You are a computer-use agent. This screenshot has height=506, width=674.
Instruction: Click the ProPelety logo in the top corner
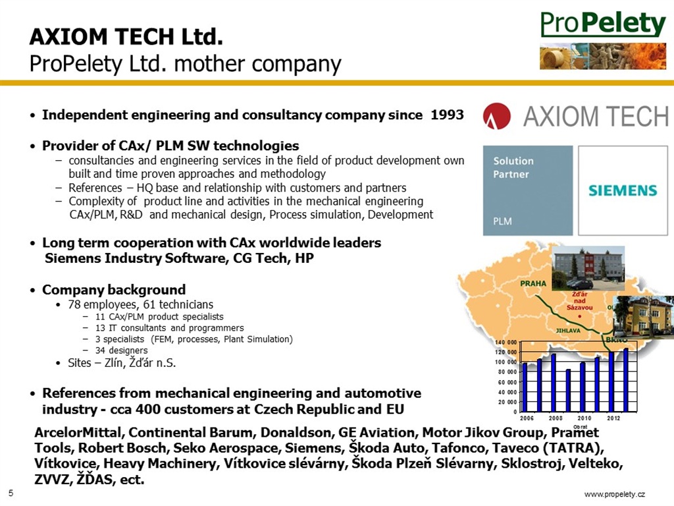(603, 24)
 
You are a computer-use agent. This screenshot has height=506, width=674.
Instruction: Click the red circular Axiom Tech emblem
(496, 116)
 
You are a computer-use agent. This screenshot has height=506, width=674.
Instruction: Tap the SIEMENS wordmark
(623, 190)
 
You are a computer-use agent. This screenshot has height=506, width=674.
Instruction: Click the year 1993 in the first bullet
(448, 115)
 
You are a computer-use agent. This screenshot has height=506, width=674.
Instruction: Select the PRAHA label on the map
(533, 283)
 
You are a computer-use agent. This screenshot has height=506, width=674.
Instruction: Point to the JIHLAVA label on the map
(568, 331)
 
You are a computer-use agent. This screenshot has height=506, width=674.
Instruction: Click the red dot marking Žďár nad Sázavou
(579, 316)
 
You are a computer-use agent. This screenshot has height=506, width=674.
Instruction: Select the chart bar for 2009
(568, 390)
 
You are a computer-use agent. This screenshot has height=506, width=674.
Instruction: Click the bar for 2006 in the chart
(525, 387)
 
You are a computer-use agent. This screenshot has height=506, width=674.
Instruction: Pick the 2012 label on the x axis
(613, 418)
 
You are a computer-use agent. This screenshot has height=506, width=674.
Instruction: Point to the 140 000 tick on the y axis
(506, 343)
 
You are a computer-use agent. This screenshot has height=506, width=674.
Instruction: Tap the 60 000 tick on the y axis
(507, 382)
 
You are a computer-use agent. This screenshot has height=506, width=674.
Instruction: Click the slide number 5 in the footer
(11, 493)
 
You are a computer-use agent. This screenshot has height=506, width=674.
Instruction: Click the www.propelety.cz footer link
(615, 494)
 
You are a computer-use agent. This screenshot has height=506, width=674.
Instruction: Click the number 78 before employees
(74, 304)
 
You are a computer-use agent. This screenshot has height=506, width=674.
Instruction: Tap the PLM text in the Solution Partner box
(502, 221)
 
